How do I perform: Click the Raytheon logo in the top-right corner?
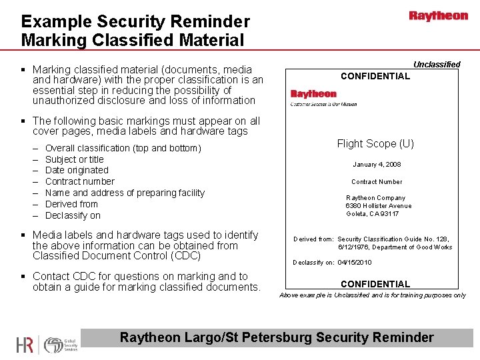(x=438, y=16)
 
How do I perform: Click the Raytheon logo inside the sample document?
(x=313, y=94)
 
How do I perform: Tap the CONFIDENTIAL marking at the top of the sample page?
(x=375, y=76)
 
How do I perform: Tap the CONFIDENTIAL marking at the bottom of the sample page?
(x=375, y=284)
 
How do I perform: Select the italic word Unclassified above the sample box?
(x=437, y=65)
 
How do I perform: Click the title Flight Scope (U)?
(x=375, y=143)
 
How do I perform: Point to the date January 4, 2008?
(x=377, y=165)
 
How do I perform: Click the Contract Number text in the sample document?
(x=377, y=181)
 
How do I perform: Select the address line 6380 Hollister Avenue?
(x=378, y=206)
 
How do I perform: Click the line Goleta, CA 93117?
(x=373, y=214)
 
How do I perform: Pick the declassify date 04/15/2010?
(x=356, y=262)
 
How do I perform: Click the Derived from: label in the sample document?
(x=313, y=239)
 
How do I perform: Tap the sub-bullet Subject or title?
(x=75, y=159)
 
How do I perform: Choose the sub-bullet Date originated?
(x=77, y=171)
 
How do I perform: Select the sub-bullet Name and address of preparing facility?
(x=125, y=193)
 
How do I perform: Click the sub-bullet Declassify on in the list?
(x=73, y=215)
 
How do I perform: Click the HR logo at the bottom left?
(x=25, y=345)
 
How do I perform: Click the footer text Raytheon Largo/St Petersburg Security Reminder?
(x=276, y=337)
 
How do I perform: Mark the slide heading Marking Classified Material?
(x=133, y=40)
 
